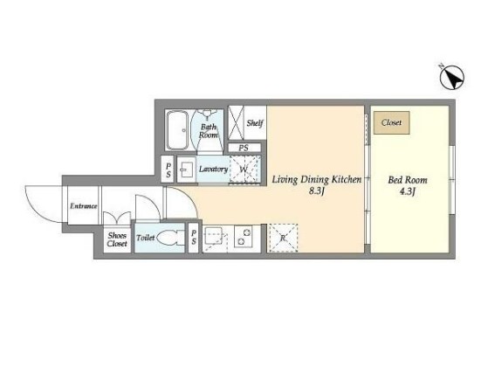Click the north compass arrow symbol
coord(452,78)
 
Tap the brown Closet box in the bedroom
coord(392,122)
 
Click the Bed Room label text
coord(408,180)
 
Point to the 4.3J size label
coord(408,192)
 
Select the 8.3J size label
coord(316,191)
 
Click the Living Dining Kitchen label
coord(317,179)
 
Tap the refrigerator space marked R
coord(283,238)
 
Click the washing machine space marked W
coord(244,170)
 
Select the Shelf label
coord(255,123)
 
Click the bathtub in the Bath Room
coord(177,130)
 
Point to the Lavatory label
coord(213,170)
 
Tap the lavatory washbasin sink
coord(187,170)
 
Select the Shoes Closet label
coord(117,239)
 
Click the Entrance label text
coord(84,206)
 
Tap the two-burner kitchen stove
coord(244,237)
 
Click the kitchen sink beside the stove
coord(214,236)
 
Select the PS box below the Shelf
coord(244,148)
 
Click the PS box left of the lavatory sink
coord(168,170)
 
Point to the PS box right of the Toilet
coord(193,238)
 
